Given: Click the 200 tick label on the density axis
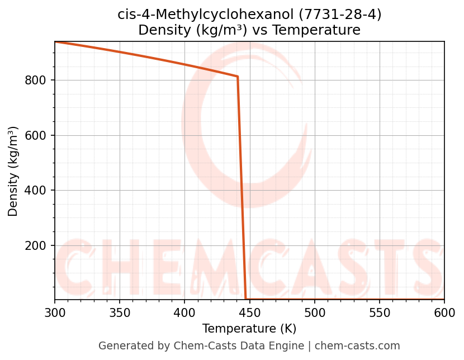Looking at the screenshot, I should click(x=35, y=246).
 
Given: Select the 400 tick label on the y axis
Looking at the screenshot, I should click(x=35, y=191).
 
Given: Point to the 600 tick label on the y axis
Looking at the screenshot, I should click(x=35, y=135).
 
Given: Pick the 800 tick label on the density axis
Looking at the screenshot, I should click(x=35, y=80).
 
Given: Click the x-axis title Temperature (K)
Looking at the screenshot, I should click(x=249, y=329).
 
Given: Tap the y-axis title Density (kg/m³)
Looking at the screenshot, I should click(x=13, y=171).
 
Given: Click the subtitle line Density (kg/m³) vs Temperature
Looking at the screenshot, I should click(x=249, y=30).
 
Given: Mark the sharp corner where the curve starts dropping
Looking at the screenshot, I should click(x=238, y=77).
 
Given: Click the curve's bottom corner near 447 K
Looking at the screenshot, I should click(x=246, y=299).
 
